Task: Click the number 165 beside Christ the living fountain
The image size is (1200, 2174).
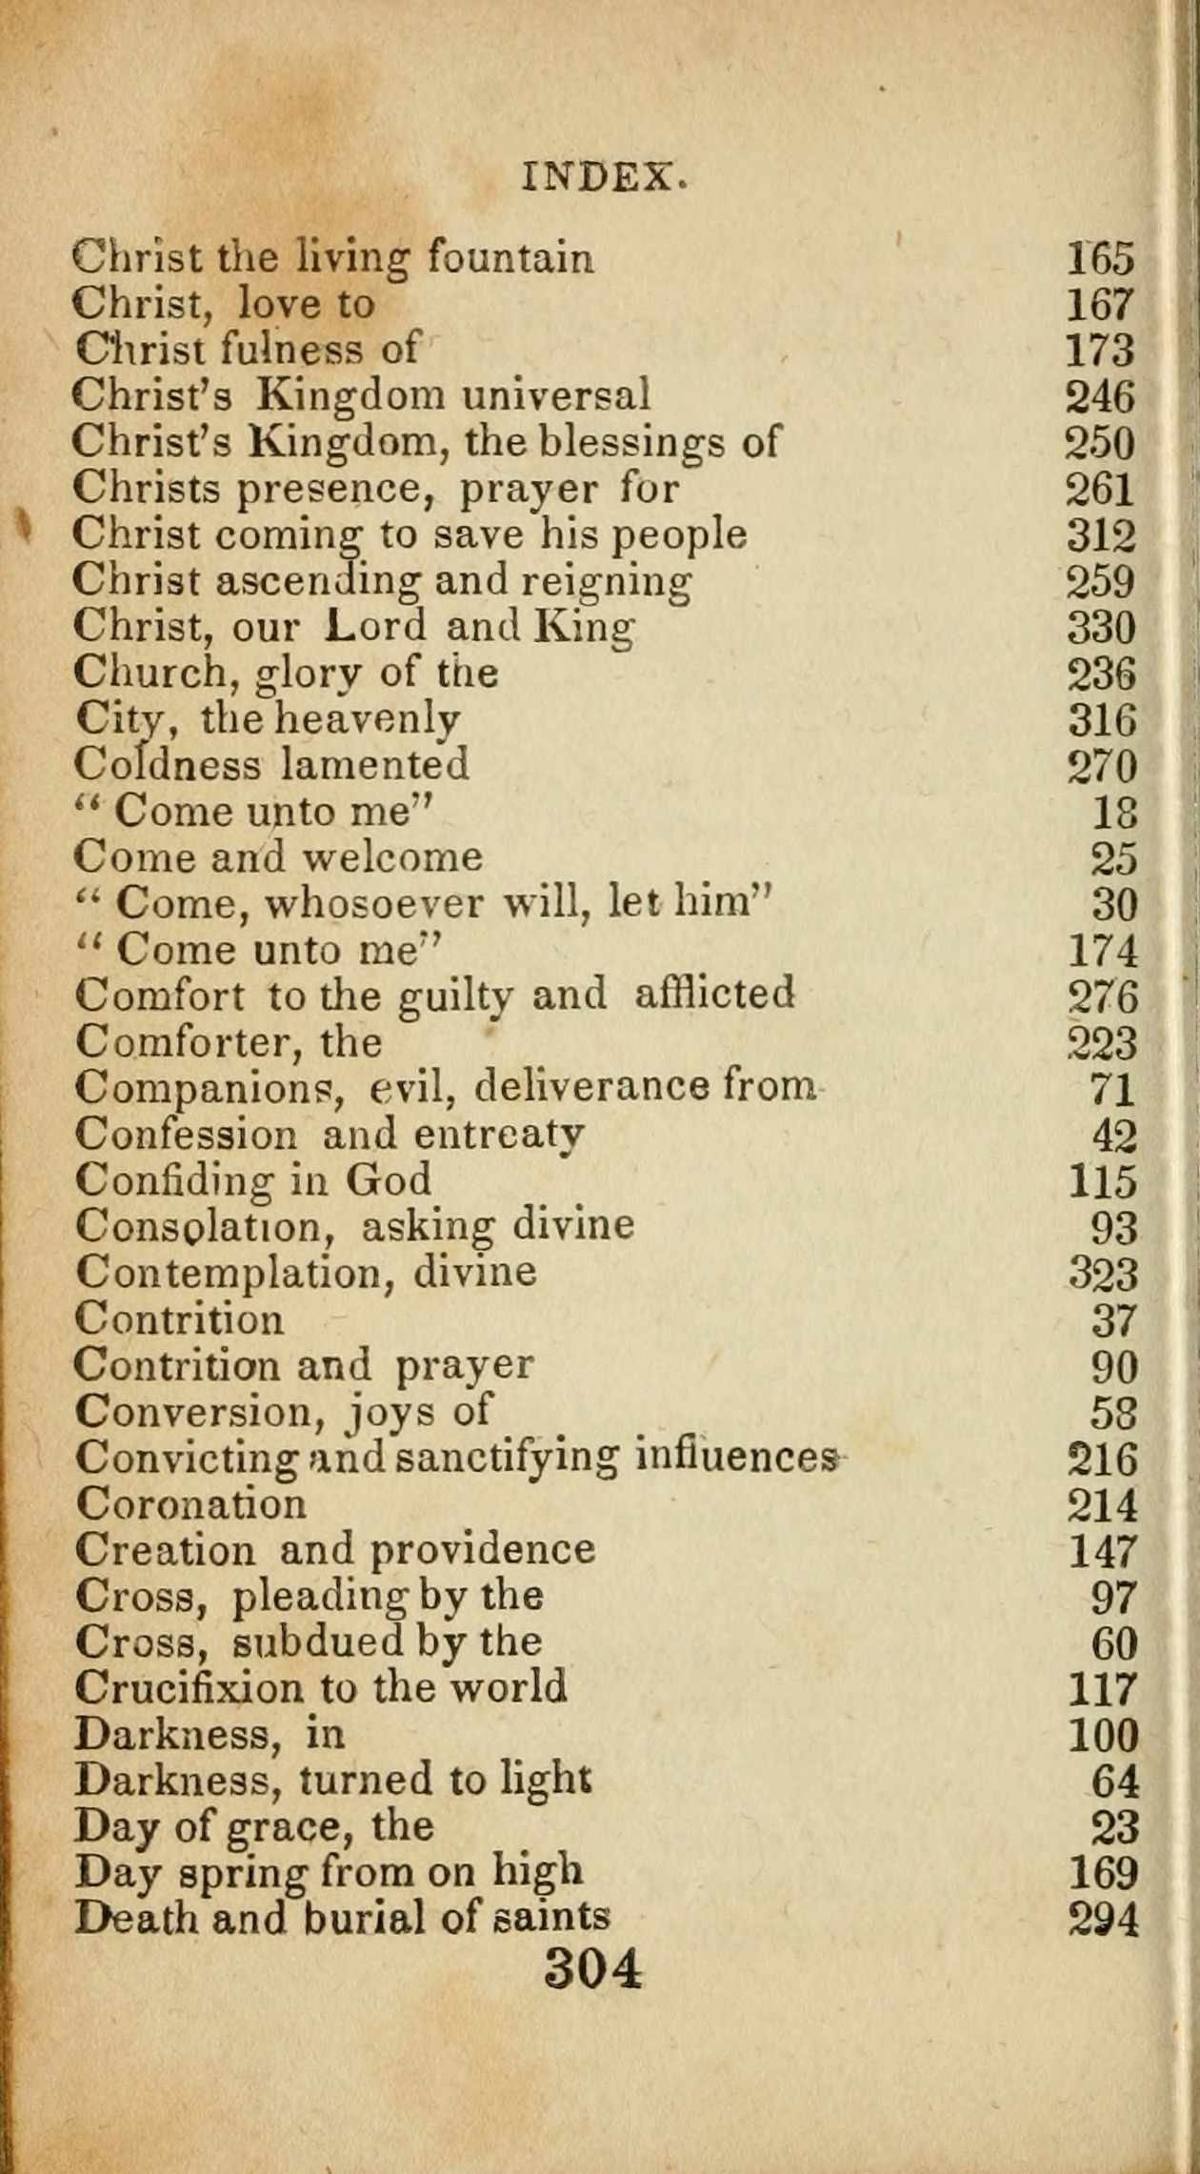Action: click(1101, 258)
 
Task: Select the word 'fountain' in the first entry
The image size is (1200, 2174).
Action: click(510, 256)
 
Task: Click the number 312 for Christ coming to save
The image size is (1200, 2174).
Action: click(1101, 535)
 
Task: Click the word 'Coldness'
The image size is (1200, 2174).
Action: click(167, 765)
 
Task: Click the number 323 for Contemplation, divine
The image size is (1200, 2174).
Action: click(1102, 1274)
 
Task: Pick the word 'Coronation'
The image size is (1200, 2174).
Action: click(190, 1504)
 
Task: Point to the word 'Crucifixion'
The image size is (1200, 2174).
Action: click(189, 1688)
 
